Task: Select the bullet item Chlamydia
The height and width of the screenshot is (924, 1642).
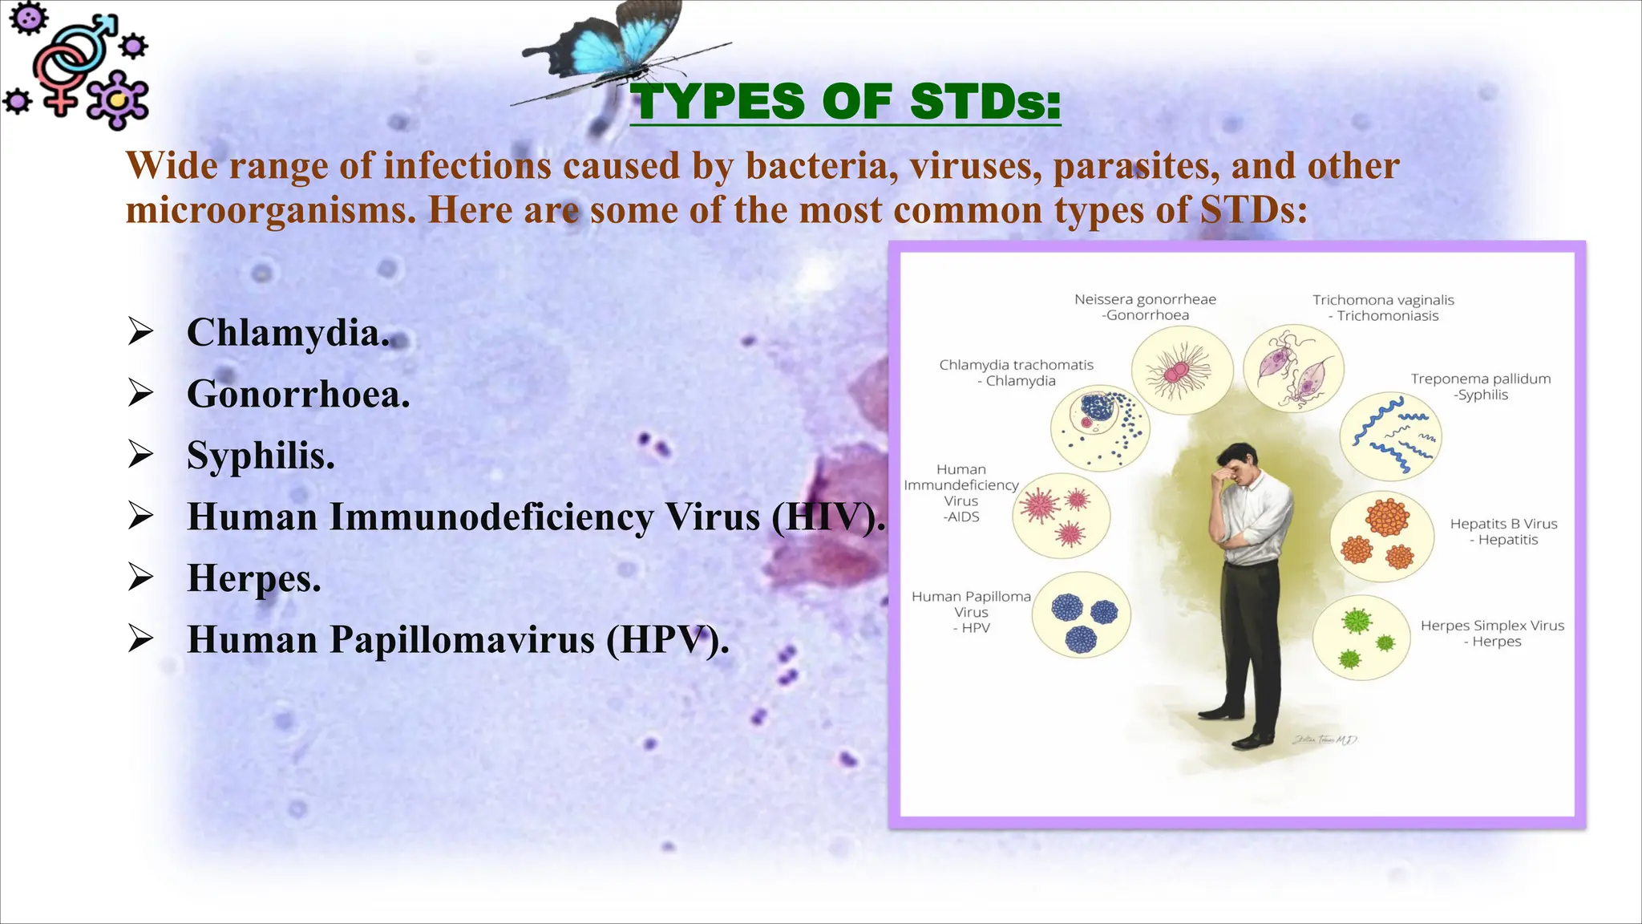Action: (288, 333)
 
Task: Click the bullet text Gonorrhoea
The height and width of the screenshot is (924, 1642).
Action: (298, 395)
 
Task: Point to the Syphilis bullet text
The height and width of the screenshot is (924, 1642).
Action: (261, 456)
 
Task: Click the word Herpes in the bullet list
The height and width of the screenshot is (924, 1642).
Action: (253, 578)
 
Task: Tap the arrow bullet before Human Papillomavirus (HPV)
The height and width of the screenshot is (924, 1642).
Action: (140, 639)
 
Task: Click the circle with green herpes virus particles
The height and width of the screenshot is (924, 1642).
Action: (1361, 638)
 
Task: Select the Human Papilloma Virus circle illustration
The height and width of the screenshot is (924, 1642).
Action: (1081, 615)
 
